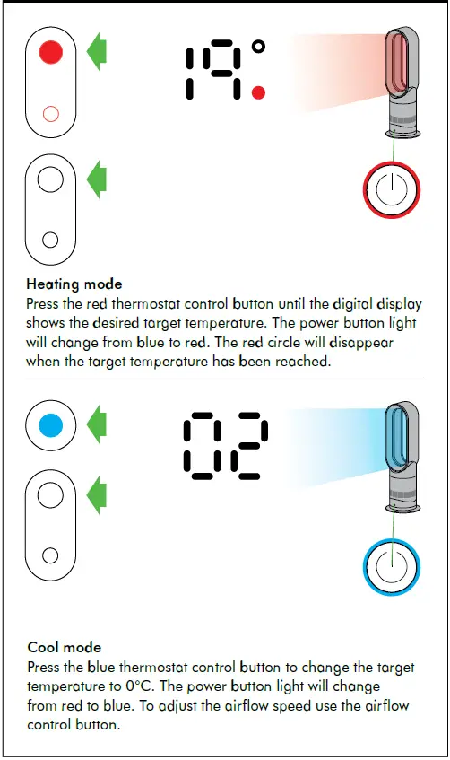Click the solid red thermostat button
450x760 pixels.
(x=51, y=53)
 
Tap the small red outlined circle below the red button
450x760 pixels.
(x=51, y=113)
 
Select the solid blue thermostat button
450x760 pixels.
(x=51, y=424)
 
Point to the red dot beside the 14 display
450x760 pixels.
(x=259, y=92)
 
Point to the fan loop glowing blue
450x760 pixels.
(x=396, y=435)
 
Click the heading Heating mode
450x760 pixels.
(x=74, y=284)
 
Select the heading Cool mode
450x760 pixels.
(x=65, y=647)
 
